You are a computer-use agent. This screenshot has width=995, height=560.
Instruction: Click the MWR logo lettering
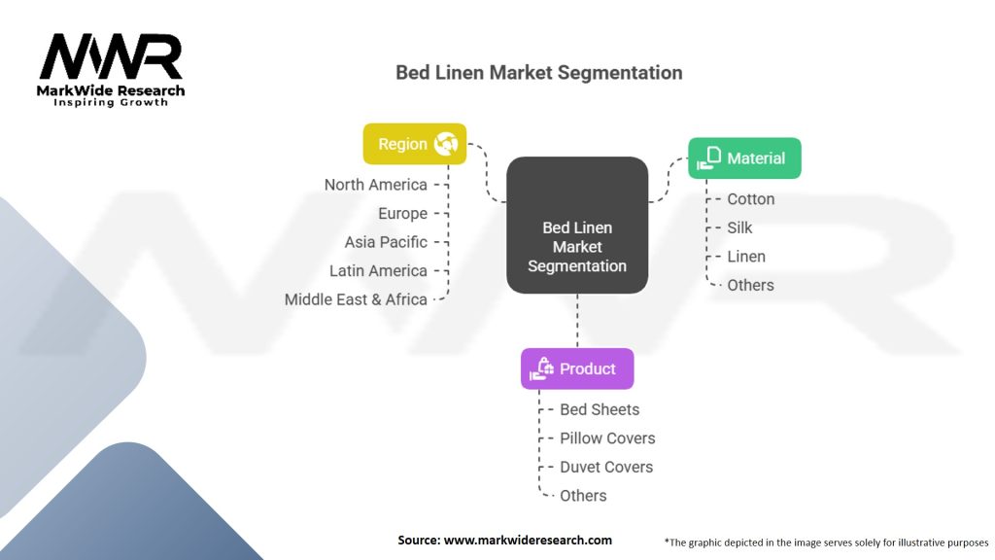pos(111,56)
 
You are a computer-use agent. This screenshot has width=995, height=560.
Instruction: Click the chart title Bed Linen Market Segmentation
pos(538,72)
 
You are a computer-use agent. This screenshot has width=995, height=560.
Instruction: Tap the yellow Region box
pos(414,144)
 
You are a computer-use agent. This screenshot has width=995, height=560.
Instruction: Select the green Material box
pos(744,158)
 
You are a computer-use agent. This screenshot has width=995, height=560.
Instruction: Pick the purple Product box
pos(577,368)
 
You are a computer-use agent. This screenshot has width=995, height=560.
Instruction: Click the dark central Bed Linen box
pos(577,226)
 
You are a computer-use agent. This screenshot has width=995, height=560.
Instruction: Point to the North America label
pos(376,185)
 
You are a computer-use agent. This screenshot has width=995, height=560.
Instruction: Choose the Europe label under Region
pos(402,213)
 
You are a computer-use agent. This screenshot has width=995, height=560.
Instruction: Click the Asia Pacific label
pos(386,242)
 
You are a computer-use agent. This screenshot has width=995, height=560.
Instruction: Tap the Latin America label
pos(378,270)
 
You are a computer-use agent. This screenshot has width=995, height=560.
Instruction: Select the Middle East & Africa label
pos(356,299)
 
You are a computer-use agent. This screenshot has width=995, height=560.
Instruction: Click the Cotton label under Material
pos(751,198)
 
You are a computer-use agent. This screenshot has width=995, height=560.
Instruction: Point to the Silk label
pos(739,227)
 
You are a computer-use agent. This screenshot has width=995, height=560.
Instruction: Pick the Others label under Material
pos(750,285)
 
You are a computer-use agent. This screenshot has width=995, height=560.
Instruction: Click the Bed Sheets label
pos(600,409)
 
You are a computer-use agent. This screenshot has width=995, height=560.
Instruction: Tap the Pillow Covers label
pos(607,438)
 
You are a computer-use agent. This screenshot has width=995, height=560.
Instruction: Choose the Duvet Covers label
pos(606,467)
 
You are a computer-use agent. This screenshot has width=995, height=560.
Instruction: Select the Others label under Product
pos(583,495)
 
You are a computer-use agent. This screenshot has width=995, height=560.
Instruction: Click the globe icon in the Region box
pos(446,144)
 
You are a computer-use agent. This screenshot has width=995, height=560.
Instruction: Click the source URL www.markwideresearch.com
pos(528,541)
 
